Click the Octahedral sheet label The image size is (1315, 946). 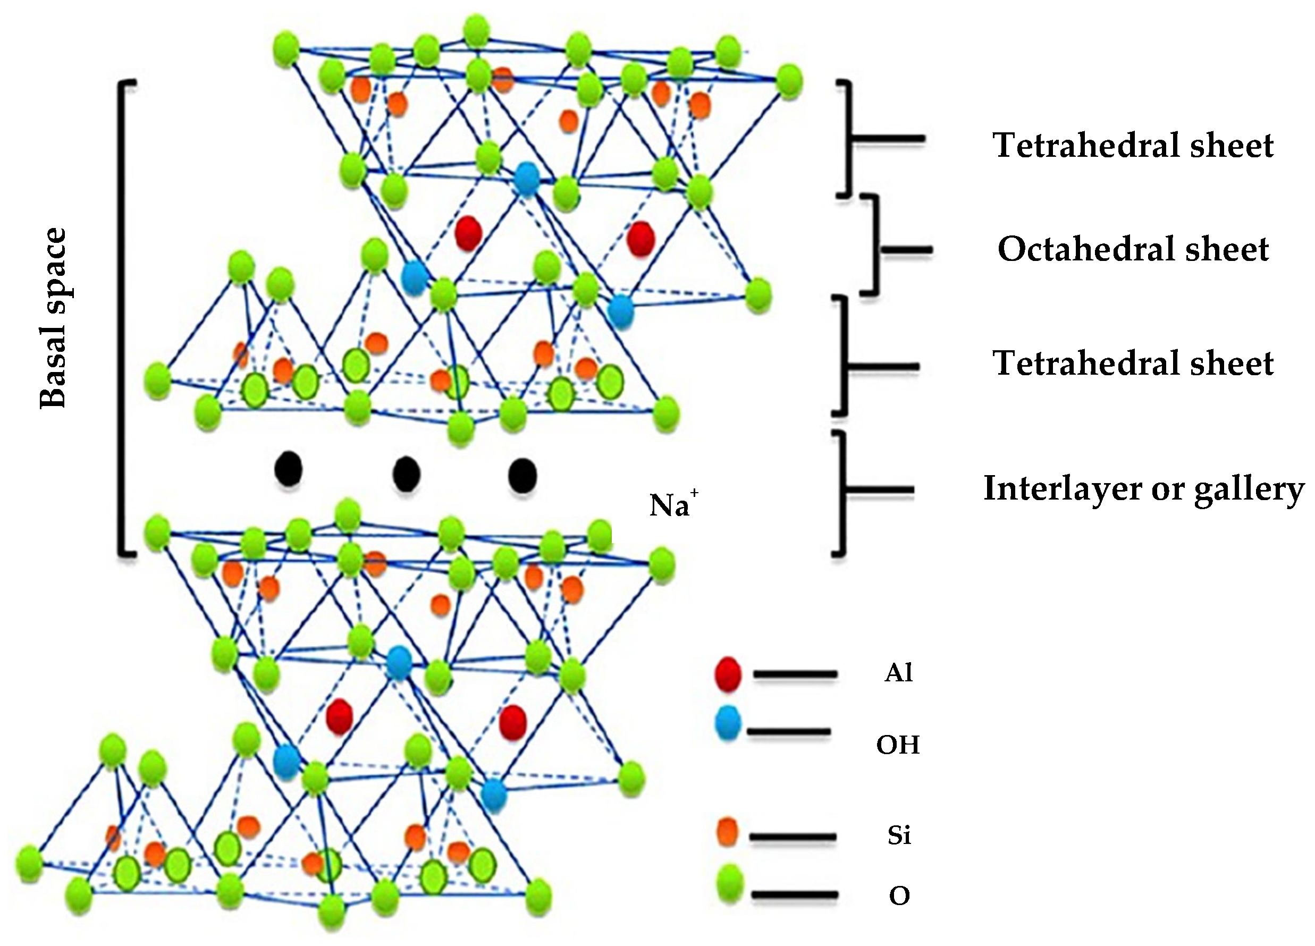(x=1133, y=249)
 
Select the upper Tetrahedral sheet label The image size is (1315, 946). (x=1133, y=145)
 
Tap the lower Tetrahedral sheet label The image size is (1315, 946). (x=1133, y=364)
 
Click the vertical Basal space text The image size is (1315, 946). (x=53, y=318)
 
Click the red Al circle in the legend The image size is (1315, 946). (x=728, y=674)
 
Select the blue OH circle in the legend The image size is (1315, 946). (x=728, y=722)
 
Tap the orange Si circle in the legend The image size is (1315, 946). (x=728, y=832)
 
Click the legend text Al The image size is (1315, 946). (x=898, y=673)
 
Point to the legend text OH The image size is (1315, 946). (x=898, y=745)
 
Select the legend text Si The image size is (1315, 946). (x=899, y=835)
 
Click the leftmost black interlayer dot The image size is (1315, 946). (x=288, y=469)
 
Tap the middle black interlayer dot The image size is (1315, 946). (x=406, y=474)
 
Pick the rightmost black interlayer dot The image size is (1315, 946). (x=522, y=475)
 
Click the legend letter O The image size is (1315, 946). (x=899, y=896)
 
